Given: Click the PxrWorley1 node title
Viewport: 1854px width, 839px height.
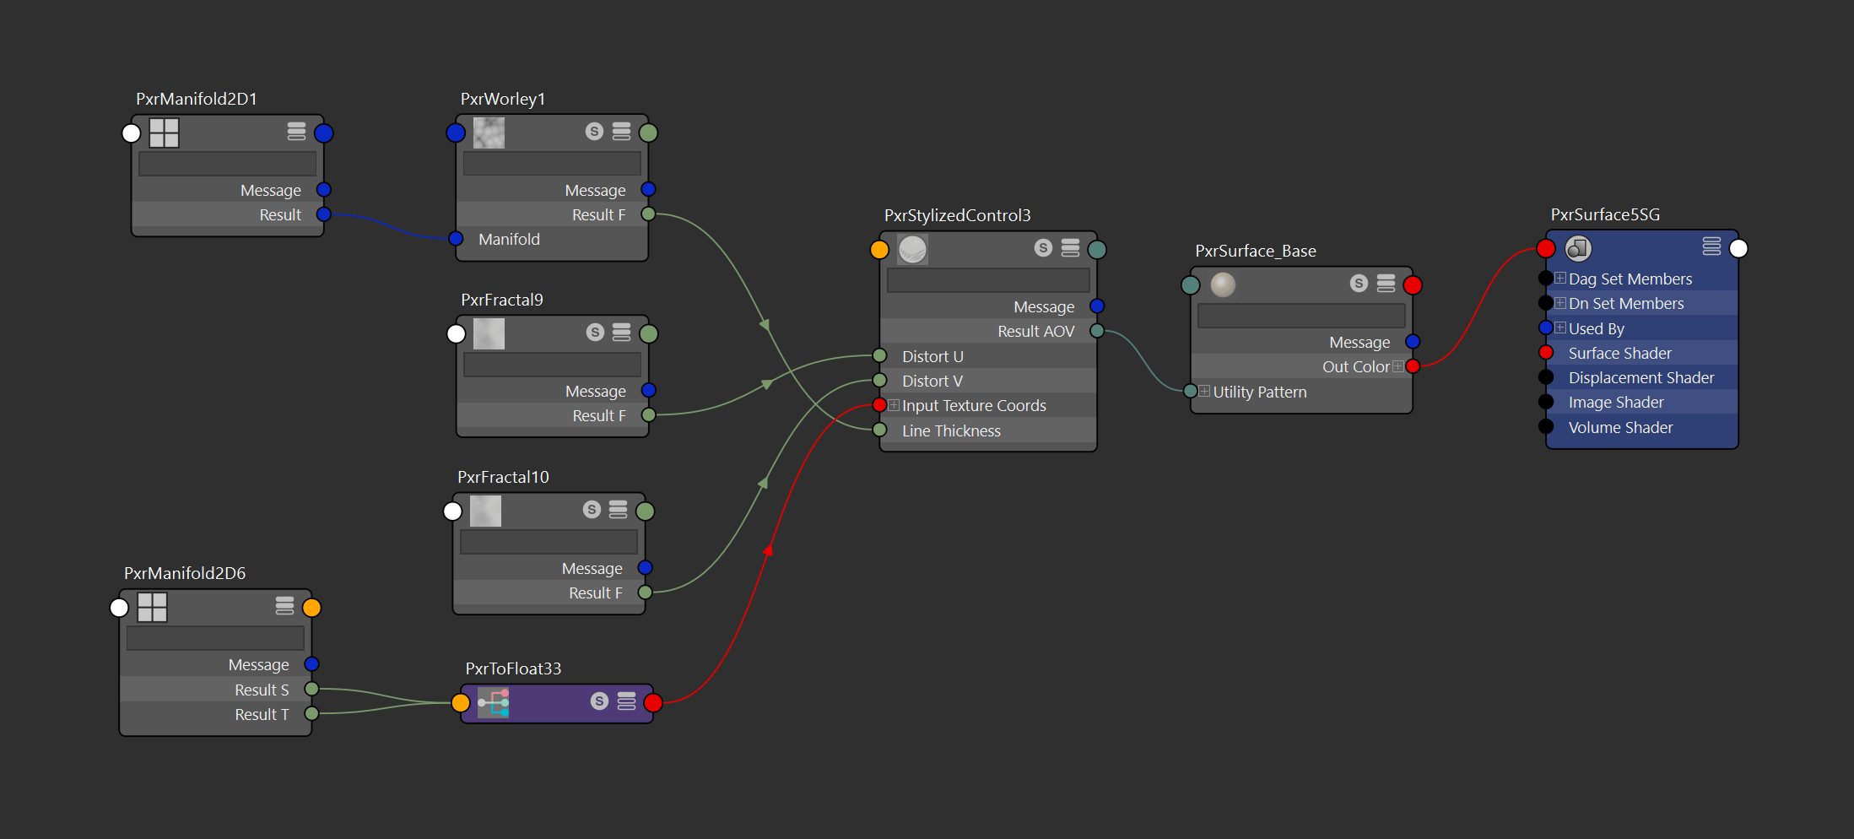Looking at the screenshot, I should click(x=502, y=99).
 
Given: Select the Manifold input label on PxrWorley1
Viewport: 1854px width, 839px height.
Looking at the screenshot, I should click(x=509, y=240).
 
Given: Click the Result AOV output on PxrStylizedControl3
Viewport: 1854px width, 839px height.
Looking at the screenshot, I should click(x=1097, y=331).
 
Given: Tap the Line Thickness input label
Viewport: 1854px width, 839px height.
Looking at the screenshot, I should click(x=951, y=431).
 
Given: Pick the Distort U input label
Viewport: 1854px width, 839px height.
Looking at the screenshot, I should click(x=932, y=357).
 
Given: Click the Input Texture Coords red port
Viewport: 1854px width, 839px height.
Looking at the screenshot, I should click(x=879, y=405).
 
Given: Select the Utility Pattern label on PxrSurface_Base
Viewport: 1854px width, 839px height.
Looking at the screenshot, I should click(x=1259, y=392).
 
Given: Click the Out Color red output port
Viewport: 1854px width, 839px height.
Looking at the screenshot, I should click(x=1413, y=366).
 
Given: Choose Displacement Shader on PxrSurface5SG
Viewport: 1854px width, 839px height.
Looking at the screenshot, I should click(x=1640, y=378).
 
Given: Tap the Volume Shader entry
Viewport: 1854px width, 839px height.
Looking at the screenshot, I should click(x=1620, y=428).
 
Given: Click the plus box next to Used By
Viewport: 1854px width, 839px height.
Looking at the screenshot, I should click(x=1560, y=328).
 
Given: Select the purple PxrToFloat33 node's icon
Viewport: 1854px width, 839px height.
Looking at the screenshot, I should click(x=494, y=702).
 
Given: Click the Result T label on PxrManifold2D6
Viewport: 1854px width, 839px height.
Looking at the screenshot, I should click(x=262, y=715).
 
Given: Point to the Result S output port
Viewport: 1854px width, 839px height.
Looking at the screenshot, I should click(x=311, y=690).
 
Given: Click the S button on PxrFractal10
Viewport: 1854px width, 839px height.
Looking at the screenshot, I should click(x=592, y=510).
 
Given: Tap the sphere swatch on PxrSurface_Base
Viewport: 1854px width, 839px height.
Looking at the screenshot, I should click(x=1223, y=284).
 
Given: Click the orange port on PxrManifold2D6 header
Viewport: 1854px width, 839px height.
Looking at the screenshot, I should click(x=311, y=608).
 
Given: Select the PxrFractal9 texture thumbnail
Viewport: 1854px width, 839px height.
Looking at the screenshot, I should click(x=489, y=334).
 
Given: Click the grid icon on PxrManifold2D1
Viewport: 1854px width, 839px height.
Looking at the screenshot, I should click(x=165, y=133).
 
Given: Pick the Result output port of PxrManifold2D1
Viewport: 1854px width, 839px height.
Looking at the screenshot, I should click(x=323, y=214).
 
